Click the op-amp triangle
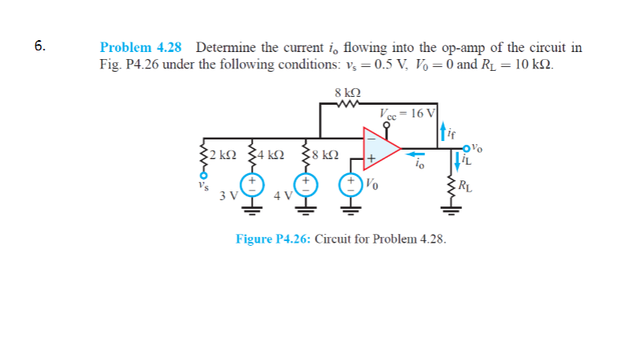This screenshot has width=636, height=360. (x=379, y=147)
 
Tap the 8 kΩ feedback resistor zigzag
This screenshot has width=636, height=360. (x=347, y=102)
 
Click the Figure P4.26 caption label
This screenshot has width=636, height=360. (x=273, y=237)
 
